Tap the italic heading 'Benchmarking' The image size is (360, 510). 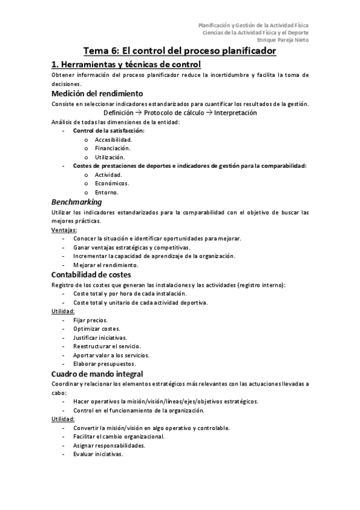coord(76,201)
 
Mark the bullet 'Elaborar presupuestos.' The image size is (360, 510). coord(104,364)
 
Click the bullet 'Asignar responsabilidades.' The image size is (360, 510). coord(109,446)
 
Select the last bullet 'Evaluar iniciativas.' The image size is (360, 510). coord(98,454)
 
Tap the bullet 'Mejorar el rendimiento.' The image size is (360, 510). coord(105,265)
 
